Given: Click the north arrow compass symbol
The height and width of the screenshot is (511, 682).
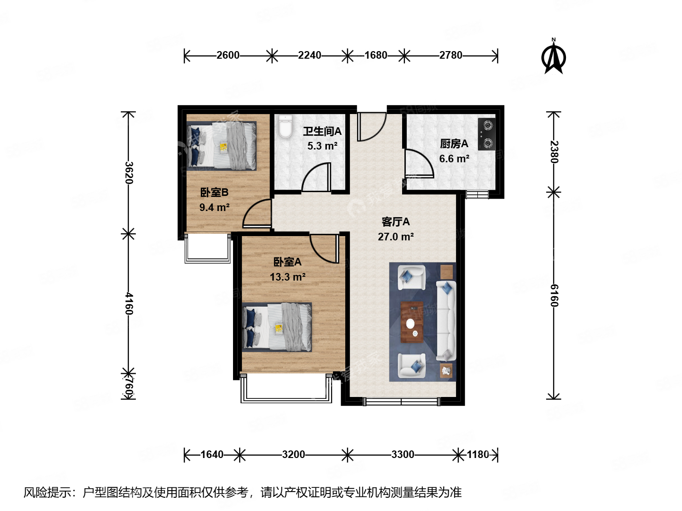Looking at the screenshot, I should (553, 57).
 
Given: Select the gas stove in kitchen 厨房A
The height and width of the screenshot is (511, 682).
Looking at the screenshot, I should (486, 134).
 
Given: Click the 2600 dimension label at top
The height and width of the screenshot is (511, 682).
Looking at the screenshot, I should (228, 55).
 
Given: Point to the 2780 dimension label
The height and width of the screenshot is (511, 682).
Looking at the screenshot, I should (450, 55).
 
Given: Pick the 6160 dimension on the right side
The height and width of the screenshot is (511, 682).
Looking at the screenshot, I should (554, 295).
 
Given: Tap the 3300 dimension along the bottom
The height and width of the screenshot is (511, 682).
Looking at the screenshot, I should (403, 455).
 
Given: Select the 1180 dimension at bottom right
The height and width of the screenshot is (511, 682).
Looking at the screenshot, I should (478, 455).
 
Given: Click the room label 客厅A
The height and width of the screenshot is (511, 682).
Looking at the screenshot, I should (395, 221).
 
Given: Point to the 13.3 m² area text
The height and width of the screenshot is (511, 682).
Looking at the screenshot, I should (287, 277).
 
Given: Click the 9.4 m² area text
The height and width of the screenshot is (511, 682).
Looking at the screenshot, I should (214, 207).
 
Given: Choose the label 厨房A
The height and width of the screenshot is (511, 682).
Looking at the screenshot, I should (454, 143).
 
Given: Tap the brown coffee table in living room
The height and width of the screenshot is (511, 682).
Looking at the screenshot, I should (412, 322).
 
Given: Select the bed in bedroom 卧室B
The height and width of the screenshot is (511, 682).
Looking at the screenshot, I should (222, 146).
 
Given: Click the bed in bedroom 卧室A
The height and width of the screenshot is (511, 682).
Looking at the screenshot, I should (278, 327).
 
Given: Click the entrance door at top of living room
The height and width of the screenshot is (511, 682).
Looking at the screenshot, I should (371, 127).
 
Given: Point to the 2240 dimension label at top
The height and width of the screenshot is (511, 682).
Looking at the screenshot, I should (309, 55).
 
